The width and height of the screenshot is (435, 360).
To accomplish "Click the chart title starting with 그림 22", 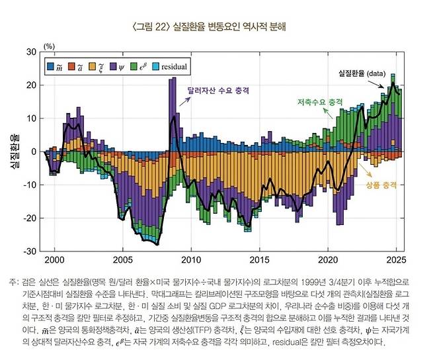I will click(217, 26).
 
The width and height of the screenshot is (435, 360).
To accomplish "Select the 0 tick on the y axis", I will click(34, 152).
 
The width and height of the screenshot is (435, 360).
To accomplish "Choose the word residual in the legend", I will click(173, 67).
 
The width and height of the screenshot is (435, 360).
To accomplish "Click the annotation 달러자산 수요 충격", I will click(213, 87).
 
